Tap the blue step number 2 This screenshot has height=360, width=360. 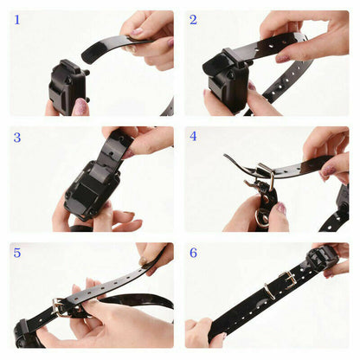tap(193, 19)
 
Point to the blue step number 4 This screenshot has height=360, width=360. tap(193, 136)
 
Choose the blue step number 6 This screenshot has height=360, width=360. tap(193, 253)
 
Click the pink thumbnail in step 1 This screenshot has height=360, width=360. tap(80, 106)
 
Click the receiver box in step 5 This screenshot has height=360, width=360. tap(26, 333)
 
